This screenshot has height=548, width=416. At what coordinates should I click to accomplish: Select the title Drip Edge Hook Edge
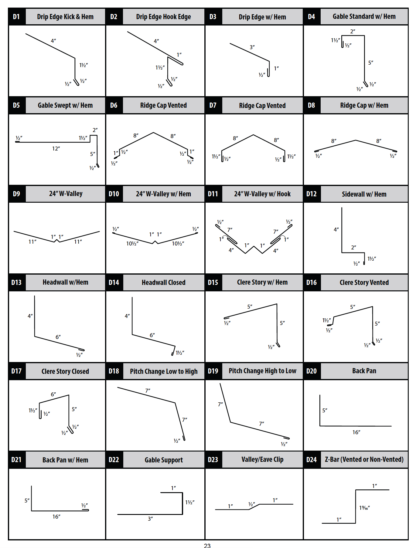click(x=163, y=17)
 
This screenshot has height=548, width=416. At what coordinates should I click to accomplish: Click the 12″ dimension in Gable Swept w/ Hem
click(x=56, y=148)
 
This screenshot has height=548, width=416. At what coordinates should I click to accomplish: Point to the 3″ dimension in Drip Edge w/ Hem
click(x=252, y=47)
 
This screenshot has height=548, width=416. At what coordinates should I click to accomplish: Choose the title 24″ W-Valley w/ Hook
click(x=262, y=194)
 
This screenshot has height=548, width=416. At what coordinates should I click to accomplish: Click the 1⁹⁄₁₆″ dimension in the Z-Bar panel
click(x=364, y=508)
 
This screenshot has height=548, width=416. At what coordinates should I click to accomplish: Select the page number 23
click(x=207, y=546)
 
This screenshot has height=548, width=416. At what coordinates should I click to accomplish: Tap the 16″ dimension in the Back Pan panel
click(x=356, y=432)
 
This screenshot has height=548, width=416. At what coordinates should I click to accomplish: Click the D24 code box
click(x=312, y=460)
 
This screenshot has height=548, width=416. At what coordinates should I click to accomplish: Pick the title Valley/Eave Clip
click(x=262, y=459)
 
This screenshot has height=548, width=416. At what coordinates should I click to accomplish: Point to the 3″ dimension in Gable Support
click(x=150, y=519)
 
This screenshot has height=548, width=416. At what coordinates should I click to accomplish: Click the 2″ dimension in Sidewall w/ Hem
click(x=353, y=248)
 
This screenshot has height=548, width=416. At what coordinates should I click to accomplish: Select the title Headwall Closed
click(x=163, y=282)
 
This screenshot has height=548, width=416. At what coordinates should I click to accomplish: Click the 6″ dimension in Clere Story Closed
click(x=53, y=394)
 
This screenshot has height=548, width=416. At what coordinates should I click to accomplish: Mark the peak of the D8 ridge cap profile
click(x=356, y=140)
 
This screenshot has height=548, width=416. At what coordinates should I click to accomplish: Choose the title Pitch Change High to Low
click(x=262, y=371)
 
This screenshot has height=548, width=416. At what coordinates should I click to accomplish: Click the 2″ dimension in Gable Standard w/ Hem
click(x=353, y=31)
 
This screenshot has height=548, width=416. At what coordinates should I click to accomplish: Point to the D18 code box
click(x=114, y=371)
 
